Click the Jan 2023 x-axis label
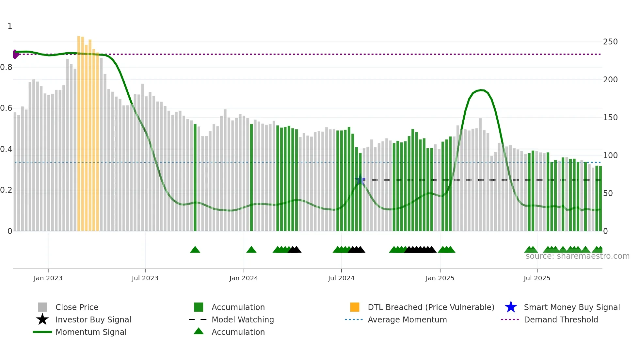coord(48,278)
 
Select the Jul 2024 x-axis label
coord(341,278)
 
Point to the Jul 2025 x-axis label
coord(537,278)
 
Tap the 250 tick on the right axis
coord(610,42)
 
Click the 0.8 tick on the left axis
coord(6,67)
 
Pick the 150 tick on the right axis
coord(610,118)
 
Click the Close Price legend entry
coord(76,307)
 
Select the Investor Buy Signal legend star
coord(42,319)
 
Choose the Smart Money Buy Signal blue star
coord(511,307)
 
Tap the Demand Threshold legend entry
coord(561,319)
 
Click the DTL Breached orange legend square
coord(355,307)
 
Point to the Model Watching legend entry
coord(242,319)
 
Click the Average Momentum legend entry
coord(407,319)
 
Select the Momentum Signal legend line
coord(42,332)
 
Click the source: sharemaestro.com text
coord(577,256)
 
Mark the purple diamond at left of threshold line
coord(15,54)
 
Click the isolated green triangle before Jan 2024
coord(251,250)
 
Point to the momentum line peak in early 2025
coord(481,90)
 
